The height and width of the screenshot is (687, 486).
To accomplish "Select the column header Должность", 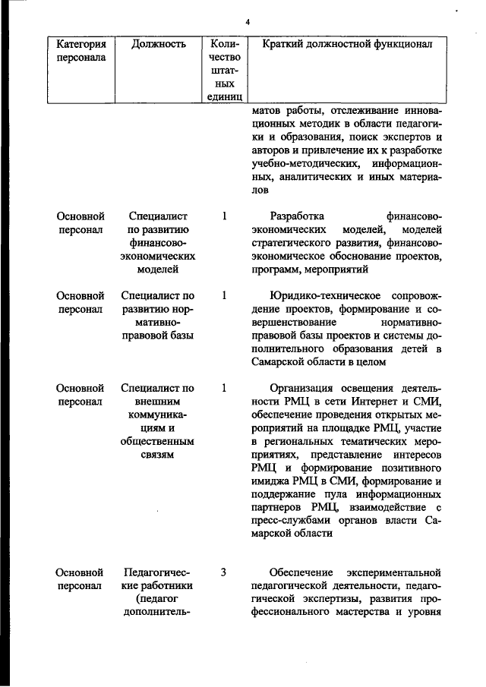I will [x=159, y=44].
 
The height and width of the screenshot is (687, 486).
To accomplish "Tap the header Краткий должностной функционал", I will [x=347, y=44].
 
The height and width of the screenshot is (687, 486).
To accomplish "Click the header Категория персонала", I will [x=80, y=50].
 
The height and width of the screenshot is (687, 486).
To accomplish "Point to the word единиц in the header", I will [x=224, y=96].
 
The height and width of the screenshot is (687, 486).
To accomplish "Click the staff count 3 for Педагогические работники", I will [x=224, y=572].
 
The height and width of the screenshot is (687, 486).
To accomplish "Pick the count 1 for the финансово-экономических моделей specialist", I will [x=224, y=216].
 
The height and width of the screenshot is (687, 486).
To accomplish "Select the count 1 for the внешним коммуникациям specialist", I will [x=224, y=388].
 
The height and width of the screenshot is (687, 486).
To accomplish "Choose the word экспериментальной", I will [x=395, y=572].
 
